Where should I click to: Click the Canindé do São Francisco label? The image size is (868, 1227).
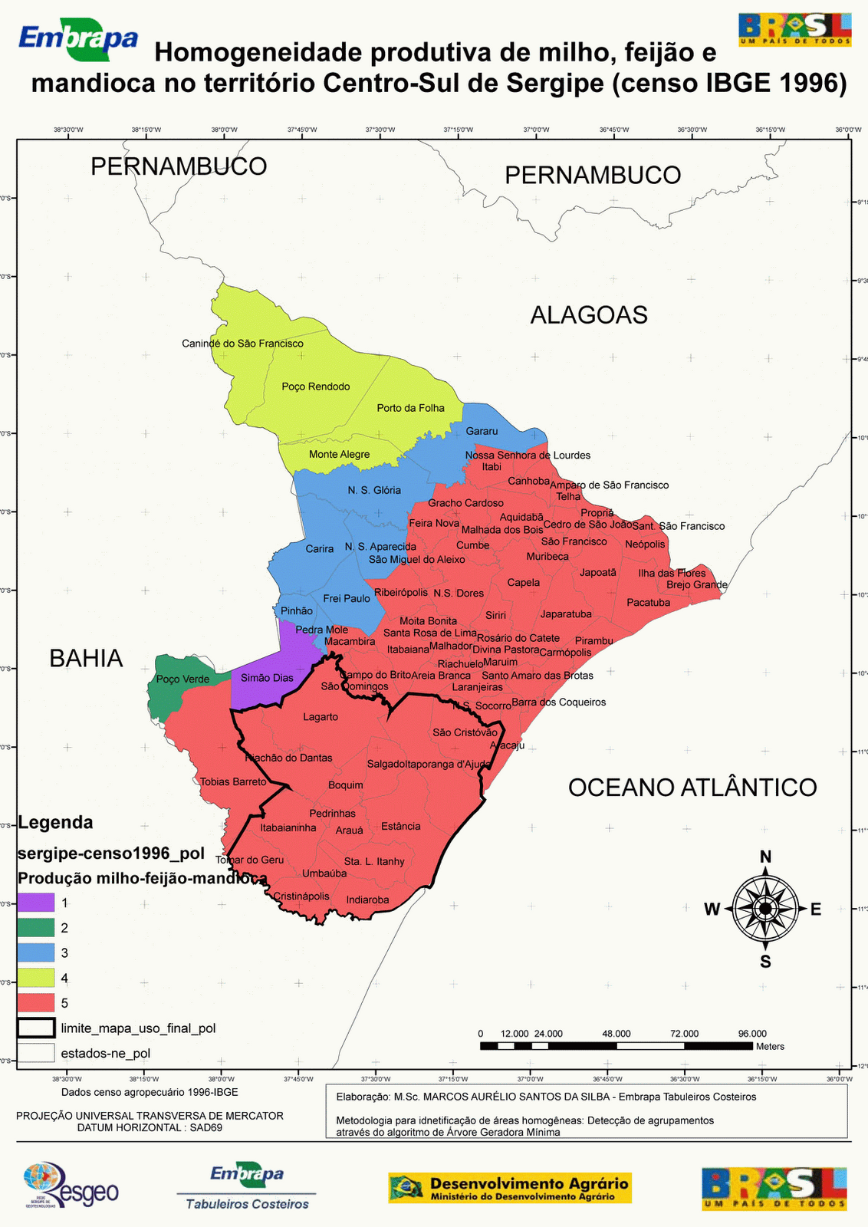242,344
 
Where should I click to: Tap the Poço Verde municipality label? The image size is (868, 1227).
182,679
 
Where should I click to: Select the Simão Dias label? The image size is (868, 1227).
267,678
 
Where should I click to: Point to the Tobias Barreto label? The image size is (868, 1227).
233,782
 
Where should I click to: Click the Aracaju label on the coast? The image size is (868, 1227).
507,745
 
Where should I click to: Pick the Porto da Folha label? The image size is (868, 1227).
410,408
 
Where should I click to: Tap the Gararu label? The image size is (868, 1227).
482,432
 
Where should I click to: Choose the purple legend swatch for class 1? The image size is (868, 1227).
36,903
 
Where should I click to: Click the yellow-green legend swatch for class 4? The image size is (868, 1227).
36,978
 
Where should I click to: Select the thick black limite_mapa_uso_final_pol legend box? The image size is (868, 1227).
36,1028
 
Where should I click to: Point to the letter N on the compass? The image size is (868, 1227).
765,857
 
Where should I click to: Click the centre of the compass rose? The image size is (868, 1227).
765,910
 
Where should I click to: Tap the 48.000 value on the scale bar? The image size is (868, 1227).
616,1034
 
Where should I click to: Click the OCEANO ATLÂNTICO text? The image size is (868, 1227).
692,788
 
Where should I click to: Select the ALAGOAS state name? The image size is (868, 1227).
589,315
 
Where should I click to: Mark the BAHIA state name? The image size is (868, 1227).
86,659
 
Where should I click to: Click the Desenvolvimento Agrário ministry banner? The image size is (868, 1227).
510,1188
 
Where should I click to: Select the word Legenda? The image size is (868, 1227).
55,823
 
